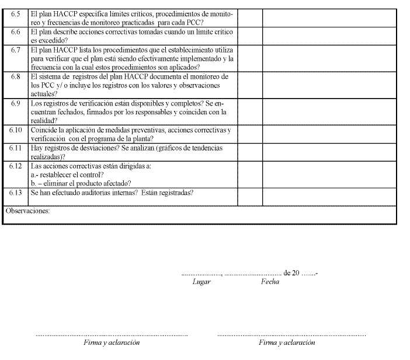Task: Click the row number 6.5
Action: pos(16,13)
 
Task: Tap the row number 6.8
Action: pos(16,76)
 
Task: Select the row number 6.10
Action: pos(16,130)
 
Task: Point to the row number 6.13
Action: pos(16,192)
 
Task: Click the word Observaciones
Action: pos(27,211)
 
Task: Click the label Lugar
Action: pos(201,282)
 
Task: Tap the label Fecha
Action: pos(270,282)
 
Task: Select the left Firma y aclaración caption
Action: pos(112,342)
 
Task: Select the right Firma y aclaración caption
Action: pos(287,342)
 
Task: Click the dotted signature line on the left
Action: pos(112,335)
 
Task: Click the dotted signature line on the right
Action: pos(291,335)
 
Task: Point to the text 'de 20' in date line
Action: pos(291,272)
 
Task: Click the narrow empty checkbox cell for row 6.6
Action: pos(250,36)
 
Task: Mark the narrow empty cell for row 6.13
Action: pos(250,196)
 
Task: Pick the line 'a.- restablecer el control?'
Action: pos(67,174)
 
